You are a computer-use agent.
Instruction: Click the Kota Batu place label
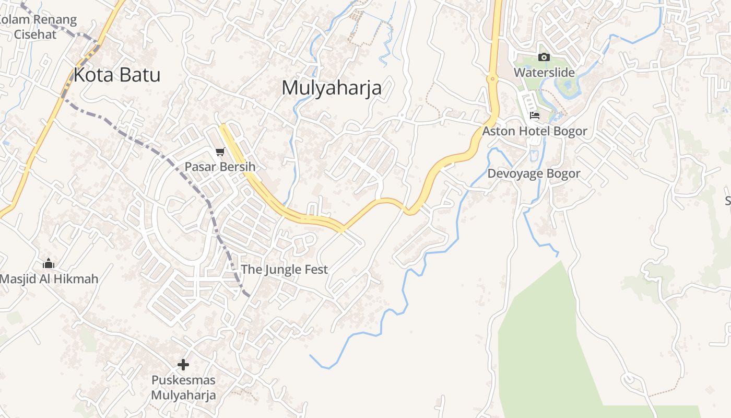point(116,75)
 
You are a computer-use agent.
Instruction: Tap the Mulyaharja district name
point(332,87)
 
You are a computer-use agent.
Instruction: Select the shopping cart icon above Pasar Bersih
point(220,152)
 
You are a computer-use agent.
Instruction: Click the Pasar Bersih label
point(220,167)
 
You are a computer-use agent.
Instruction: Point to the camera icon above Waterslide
point(544,57)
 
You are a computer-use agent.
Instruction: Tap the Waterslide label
point(544,72)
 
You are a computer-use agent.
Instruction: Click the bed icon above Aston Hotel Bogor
point(534,115)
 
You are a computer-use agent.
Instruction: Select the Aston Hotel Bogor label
point(534,131)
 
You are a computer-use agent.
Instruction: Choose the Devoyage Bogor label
point(534,173)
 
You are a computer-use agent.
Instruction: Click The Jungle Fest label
point(284,269)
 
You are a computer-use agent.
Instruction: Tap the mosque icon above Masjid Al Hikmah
point(49,263)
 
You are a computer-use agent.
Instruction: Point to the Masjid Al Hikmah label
point(49,278)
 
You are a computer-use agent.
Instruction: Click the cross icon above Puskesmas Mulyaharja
point(183,365)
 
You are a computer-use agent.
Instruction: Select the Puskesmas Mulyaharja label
point(183,387)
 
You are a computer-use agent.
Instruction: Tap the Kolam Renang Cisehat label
point(37,27)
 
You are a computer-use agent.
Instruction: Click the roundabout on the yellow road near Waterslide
point(492,79)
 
